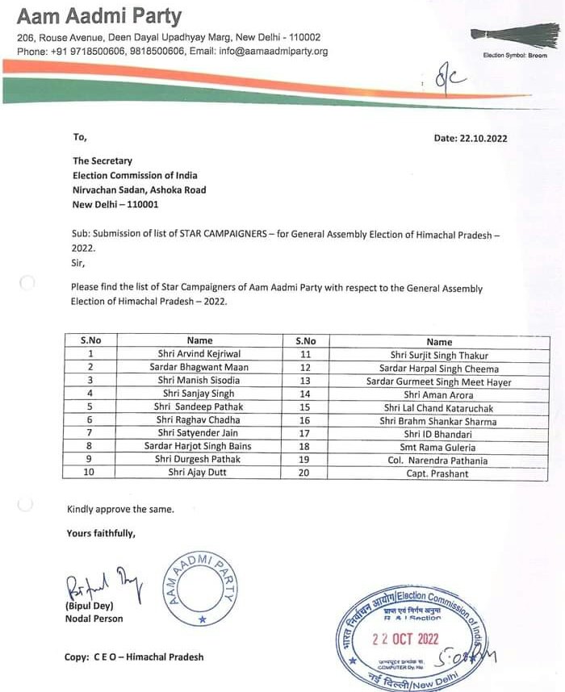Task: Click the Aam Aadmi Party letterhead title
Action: [x=99, y=16]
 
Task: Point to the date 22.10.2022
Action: [x=471, y=138]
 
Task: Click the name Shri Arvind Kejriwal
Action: [x=199, y=354]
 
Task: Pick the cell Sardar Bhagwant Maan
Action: [x=199, y=367]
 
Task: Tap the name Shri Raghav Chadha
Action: [x=199, y=420]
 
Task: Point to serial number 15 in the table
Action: [x=305, y=407]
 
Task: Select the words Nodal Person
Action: [x=94, y=619]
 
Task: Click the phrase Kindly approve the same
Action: [x=120, y=509]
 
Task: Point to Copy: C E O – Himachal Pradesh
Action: [x=134, y=657]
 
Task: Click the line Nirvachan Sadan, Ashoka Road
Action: [x=139, y=190]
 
